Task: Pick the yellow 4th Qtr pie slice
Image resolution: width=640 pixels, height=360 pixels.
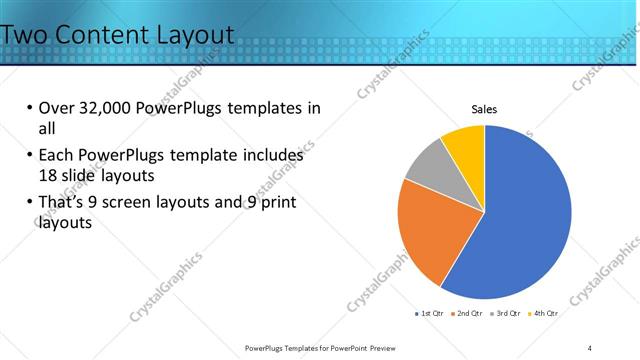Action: [x=466, y=143]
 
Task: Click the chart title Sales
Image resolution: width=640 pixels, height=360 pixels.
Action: [x=484, y=109]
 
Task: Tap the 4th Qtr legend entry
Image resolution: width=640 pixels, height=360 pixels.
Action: [x=546, y=313]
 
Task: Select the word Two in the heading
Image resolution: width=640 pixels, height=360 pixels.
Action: [x=24, y=35]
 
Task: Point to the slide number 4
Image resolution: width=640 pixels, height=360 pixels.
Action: [x=590, y=347]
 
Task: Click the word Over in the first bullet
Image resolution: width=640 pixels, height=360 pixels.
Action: [x=55, y=109]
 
